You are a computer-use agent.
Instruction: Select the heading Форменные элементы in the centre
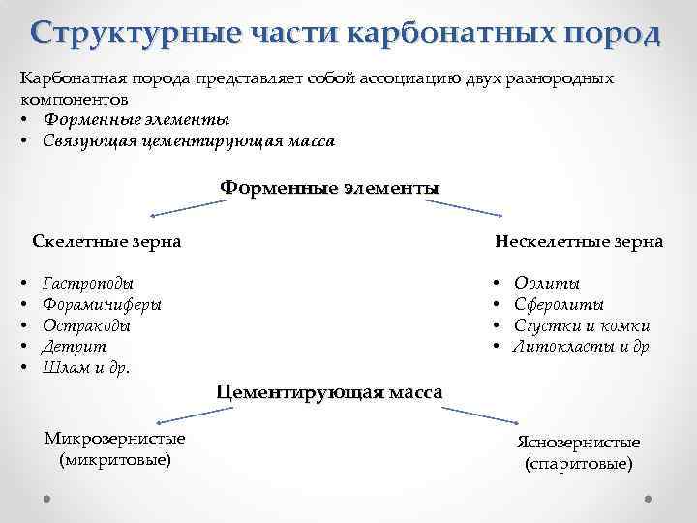tap(329, 187)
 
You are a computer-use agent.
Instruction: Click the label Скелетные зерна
tap(106, 241)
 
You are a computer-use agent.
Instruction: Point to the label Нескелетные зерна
tap(578, 241)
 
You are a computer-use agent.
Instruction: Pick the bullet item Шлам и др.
tap(86, 368)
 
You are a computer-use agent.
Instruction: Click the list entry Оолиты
tap(548, 284)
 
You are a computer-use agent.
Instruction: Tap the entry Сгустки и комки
tap(582, 326)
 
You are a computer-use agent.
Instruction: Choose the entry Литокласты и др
tap(582, 347)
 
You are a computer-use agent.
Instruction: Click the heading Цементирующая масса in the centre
tap(329, 392)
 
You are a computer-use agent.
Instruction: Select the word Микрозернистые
tap(115, 439)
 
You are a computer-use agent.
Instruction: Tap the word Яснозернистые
tap(578, 443)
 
